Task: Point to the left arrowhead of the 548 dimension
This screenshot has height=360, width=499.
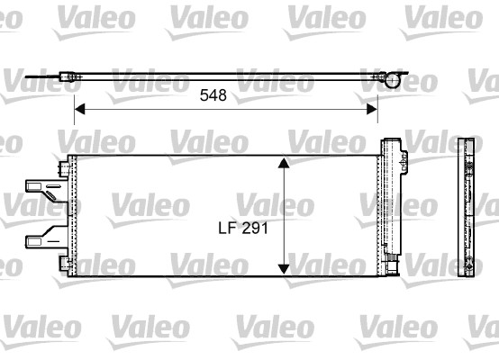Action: coord(78,109)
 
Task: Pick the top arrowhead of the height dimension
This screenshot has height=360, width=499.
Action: coord(284,163)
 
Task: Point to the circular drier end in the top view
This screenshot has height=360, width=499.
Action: coord(393,80)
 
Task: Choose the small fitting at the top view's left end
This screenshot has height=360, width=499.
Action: coord(68,78)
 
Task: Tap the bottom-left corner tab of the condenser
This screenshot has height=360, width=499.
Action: coord(64,262)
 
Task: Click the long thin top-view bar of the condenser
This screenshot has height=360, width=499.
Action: coord(225,79)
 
